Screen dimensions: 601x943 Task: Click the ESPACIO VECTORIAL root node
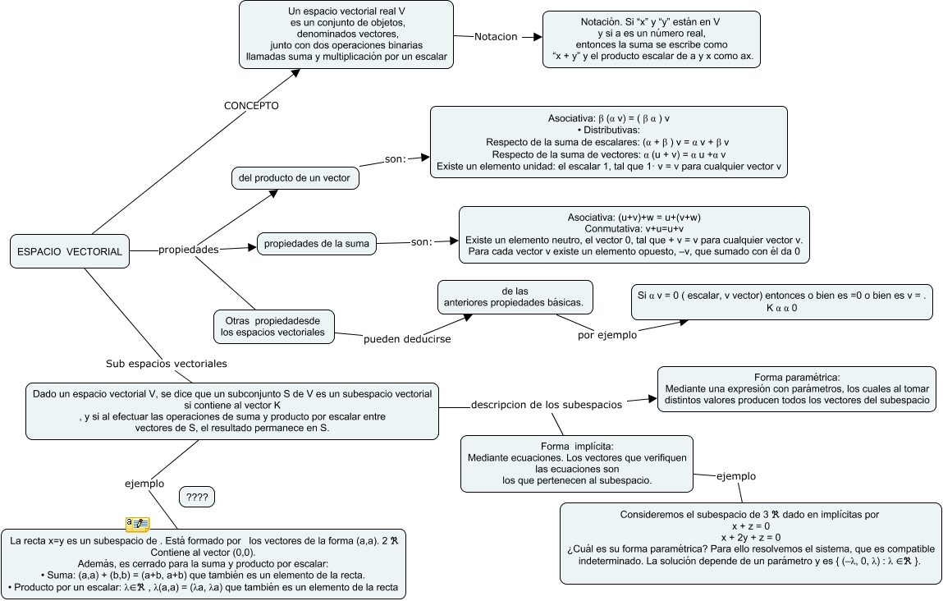70,251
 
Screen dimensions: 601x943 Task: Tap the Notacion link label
497,37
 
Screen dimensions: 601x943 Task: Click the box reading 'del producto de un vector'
295,178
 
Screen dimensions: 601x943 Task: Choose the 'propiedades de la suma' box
317,243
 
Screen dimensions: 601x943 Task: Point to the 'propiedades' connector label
188,250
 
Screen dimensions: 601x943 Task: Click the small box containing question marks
197,497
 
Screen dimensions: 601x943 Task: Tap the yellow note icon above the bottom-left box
136,523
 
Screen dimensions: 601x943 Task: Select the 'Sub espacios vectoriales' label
167,363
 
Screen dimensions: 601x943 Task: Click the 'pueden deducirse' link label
407,338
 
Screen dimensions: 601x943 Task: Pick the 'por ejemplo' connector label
607,335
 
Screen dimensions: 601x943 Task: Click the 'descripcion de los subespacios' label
546,404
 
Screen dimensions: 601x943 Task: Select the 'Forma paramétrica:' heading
796,378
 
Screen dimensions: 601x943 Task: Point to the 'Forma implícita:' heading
577,446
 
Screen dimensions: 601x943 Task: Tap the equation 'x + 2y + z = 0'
751,537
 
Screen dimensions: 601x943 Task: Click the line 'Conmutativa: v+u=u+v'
634,228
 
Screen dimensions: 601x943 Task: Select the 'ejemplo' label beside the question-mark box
144,484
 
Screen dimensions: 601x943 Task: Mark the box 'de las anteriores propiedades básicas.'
514,296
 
